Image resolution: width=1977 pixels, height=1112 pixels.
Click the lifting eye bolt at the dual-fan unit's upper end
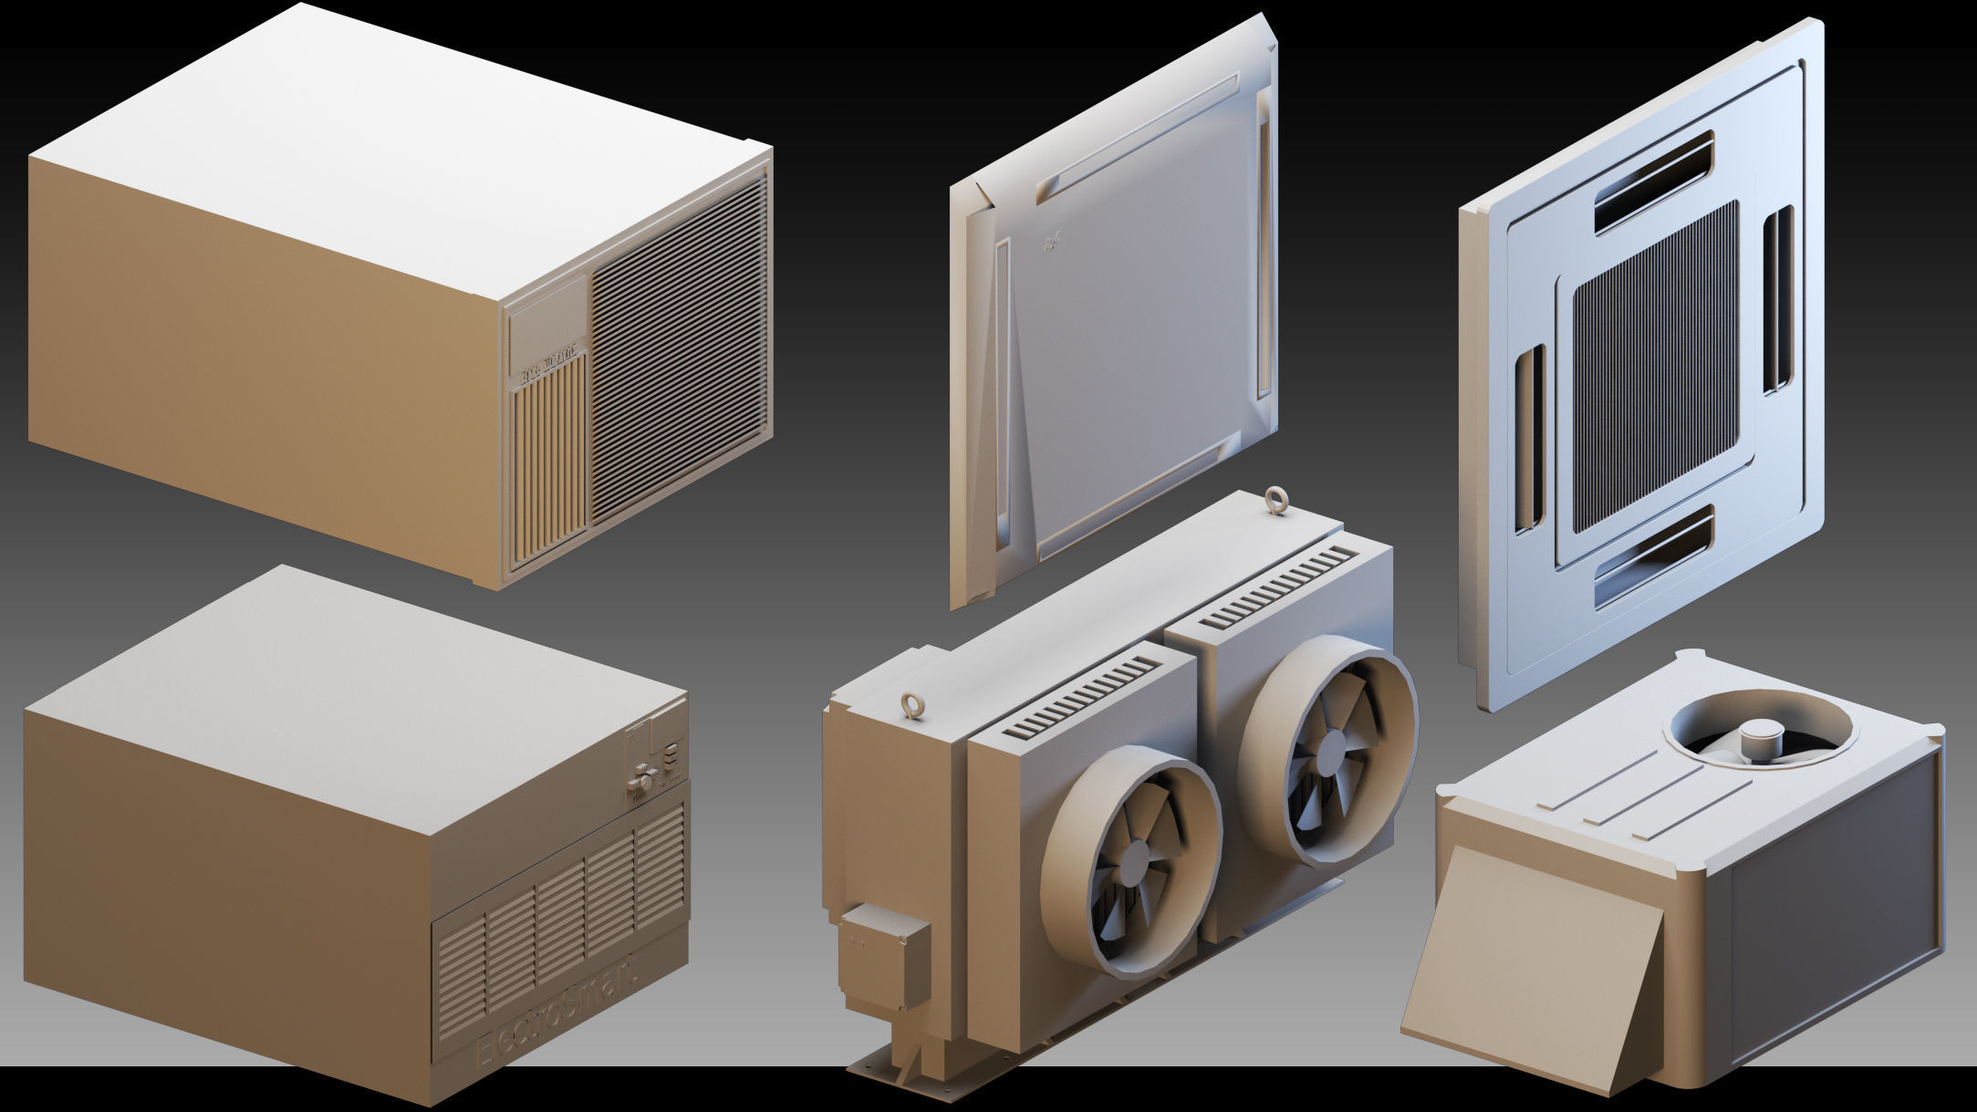(1273, 501)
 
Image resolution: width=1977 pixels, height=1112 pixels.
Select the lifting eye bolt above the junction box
(910, 705)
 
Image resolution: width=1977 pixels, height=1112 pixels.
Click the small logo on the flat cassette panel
(1055, 241)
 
